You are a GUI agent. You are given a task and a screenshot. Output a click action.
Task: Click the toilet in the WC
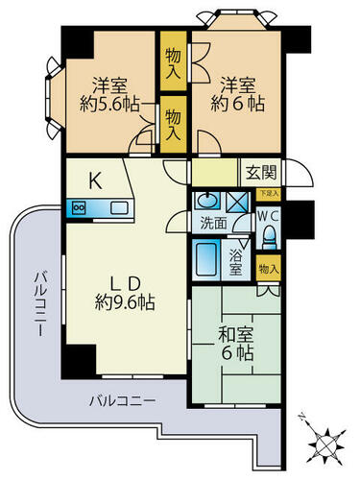[x=269, y=237]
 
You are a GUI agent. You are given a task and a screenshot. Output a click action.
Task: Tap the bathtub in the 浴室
[x=205, y=259]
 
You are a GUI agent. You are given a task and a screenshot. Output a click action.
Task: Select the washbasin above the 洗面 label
[x=207, y=201]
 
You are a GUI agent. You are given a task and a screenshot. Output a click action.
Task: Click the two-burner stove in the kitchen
[x=79, y=208]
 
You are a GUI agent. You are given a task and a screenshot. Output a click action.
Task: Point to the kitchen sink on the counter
[x=119, y=208]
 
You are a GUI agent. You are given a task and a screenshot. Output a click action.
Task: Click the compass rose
[x=326, y=444]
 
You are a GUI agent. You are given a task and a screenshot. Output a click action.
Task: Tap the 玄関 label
[x=261, y=173]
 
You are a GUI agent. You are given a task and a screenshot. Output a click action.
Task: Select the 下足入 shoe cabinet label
[x=269, y=194]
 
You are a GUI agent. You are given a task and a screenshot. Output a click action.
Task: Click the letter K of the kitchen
[x=95, y=180]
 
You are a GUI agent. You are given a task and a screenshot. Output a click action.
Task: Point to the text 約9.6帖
[x=125, y=302]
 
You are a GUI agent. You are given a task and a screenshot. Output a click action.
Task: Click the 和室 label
[x=236, y=335]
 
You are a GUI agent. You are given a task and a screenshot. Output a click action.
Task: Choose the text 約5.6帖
[x=109, y=104]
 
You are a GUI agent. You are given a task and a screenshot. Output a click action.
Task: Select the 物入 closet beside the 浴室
[x=269, y=268]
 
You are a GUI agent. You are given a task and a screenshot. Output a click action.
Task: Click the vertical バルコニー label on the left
[x=41, y=303]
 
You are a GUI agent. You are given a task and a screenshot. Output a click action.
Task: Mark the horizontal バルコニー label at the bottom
[x=122, y=400]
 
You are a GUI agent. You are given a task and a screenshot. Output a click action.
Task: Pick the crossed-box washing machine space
[x=237, y=203]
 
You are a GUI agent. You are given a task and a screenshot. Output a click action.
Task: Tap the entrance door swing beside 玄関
[x=300, y=173]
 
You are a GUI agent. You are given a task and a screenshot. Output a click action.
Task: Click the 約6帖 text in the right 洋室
[x=237, y=104]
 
